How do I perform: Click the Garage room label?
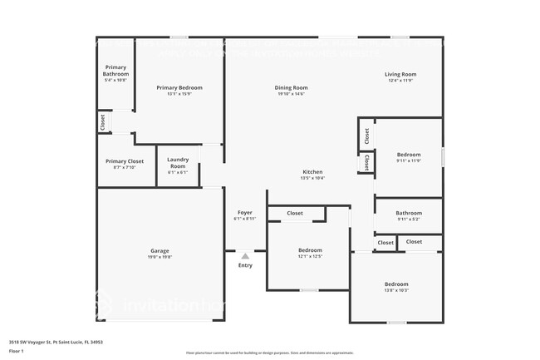coord(160,250)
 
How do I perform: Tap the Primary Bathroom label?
coord(115,71)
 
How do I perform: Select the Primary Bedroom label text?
coord(179,87)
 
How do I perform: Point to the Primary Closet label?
coord(125,160)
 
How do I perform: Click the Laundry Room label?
coord(178,162)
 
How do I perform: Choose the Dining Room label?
coord(292,87)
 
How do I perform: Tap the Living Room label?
coord(400,74)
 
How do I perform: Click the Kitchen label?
coord(312,171)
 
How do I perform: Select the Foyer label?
coord(245,212)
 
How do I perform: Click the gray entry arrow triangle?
coord(245,256)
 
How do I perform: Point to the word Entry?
coord(245,265)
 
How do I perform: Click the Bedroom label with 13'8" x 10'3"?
coord(395,284)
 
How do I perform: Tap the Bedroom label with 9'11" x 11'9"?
coord(408,154)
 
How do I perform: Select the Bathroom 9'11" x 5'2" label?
coord(408,212)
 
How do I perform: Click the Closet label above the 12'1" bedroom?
coord(295,213)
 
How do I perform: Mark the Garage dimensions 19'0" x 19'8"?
coord(160,257)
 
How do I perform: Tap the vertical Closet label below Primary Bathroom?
coord(102,123)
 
